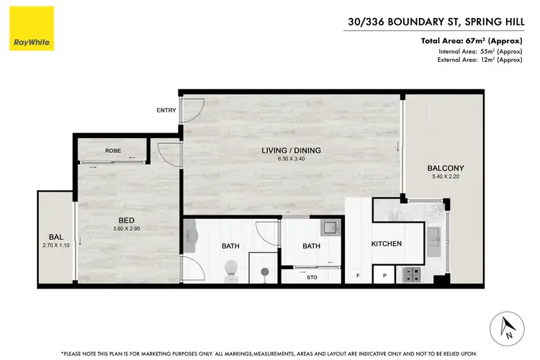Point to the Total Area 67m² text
[471, 41]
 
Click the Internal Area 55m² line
[480, 51]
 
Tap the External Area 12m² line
[480, 60]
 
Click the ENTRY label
[166, 110]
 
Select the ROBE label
[112, 151]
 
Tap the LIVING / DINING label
[291, 150]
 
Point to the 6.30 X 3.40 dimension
[291, 159]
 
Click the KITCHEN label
[386, 244]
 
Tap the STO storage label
[312, 276]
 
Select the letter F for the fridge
[358, 276]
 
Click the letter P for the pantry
[384, 276]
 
